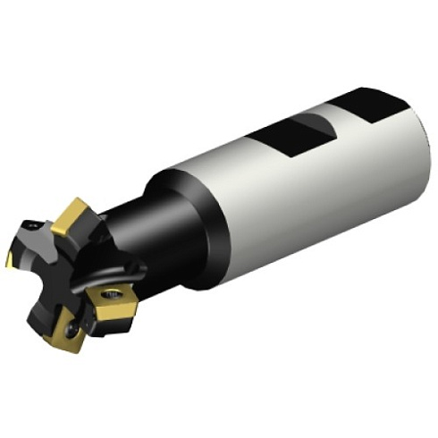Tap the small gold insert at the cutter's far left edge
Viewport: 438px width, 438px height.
[x=11, y=259]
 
